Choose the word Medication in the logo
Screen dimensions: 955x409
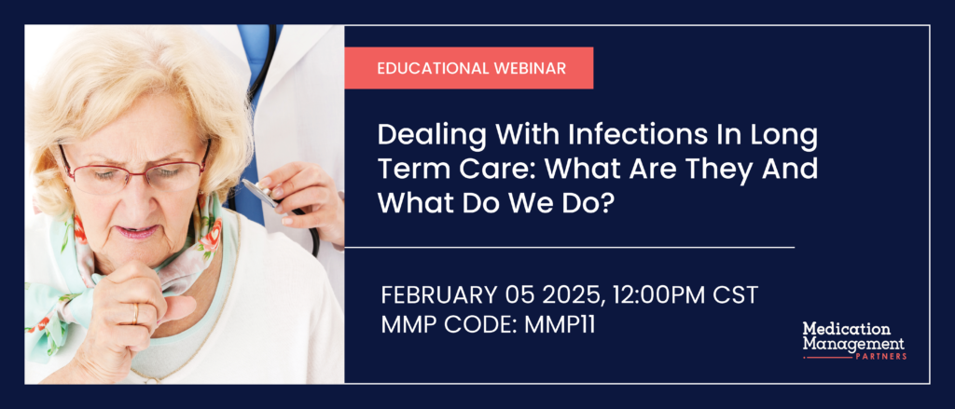click(x=847, y=329)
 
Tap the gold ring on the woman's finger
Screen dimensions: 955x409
click(x=135, y=313)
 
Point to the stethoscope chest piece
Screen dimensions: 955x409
click(x=262, y=194)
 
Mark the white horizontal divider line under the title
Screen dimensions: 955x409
click(x=570, y=248)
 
